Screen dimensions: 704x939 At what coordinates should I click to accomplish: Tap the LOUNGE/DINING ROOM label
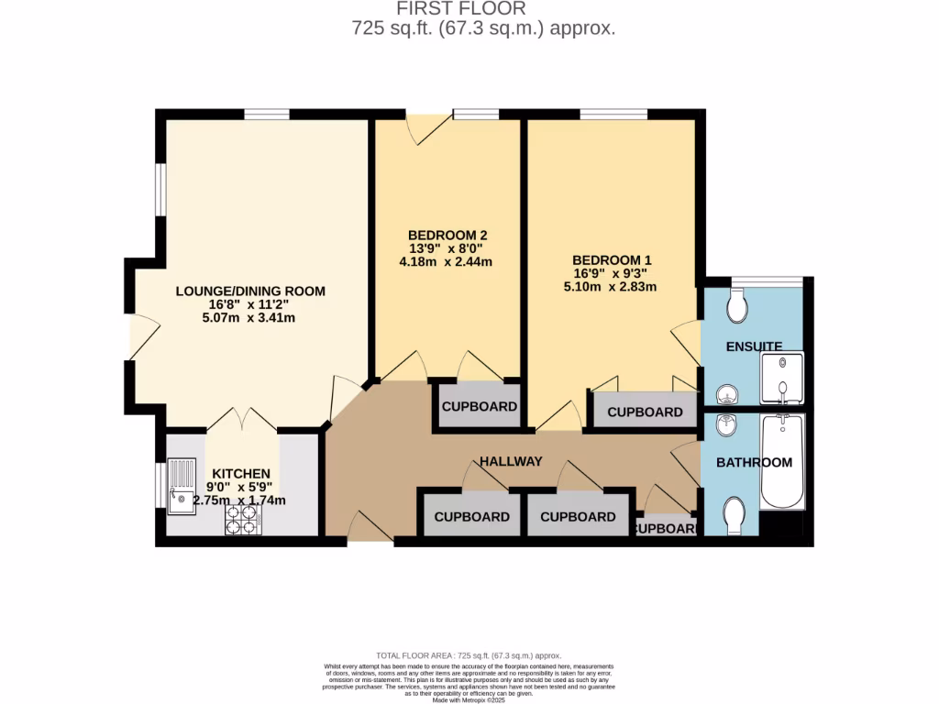coord(250,291)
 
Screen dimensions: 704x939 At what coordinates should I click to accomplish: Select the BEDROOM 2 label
coord(447,235)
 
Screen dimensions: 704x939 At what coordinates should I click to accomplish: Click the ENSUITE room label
coord(754,346)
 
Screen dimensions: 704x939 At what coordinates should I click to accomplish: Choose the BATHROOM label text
coord(754,462)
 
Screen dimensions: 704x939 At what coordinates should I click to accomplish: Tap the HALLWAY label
coord(511,461)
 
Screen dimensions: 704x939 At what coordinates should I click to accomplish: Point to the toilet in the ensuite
coord(736,306)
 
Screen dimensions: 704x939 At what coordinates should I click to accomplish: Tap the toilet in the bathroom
coord(735,514)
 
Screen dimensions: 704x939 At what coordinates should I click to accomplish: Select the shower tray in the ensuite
coord(781,378)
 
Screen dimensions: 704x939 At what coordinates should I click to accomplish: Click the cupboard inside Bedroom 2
coord(480,407)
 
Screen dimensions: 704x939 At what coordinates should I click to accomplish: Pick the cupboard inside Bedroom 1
coord(645,412)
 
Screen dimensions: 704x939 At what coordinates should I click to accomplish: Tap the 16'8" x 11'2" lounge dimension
coord(250,305)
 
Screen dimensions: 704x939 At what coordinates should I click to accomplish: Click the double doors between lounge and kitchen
coord(242,420)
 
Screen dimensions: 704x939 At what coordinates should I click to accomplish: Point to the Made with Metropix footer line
coord(469,699)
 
